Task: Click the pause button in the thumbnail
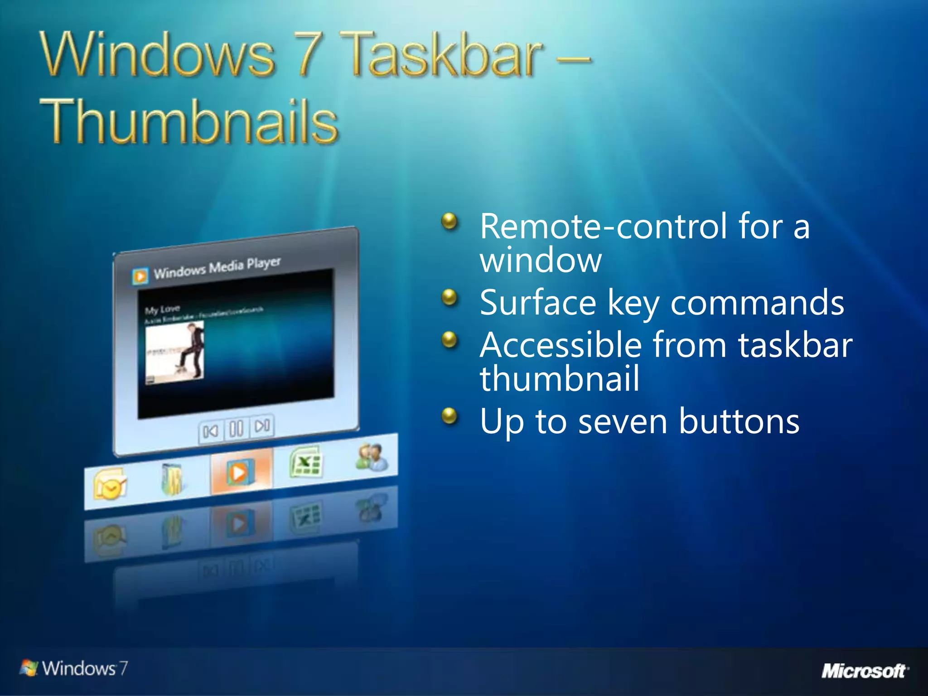click(236, 428)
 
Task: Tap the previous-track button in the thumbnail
click(210, 431)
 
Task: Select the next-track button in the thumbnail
click(262, 425)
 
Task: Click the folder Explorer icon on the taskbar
click(172, 479)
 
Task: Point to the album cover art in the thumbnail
click(174, 353)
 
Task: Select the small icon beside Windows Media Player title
click(140, 276)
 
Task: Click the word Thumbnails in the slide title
click(189, 121)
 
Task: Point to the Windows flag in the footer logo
click(29, 668)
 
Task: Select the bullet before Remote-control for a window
click(449, 222)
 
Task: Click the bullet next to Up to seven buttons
click(449, 416)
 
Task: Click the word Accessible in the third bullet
click(561, 345)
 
